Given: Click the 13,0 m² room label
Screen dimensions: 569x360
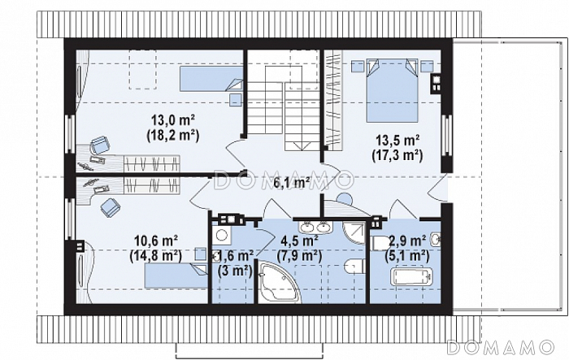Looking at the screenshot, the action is point(173,119).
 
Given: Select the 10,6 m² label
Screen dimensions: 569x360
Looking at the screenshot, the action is point(156,241).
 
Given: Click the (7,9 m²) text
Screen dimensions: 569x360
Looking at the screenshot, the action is point(299,256).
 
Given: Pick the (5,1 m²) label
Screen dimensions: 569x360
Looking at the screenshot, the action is point(406,256).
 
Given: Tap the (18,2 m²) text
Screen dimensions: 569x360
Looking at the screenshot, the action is point(173,135).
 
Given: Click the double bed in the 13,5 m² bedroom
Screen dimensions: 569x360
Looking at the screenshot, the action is point(392,91).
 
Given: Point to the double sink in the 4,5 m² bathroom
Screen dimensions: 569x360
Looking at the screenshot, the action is point(315,227).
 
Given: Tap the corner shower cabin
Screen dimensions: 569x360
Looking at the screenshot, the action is point(354,232).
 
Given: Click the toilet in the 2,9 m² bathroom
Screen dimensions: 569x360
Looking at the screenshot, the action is point(380,243).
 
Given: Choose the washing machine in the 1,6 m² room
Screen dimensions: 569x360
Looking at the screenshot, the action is point(220,235).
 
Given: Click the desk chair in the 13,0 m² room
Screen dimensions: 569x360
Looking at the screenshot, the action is point(99,145).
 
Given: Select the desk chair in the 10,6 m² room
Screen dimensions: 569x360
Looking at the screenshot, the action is point(110,207).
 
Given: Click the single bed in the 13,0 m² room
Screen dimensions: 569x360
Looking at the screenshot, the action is point(211,78).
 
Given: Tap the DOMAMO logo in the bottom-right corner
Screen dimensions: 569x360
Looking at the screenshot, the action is point(500,347).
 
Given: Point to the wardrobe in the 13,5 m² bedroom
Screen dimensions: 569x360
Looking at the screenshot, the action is point(333,100).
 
